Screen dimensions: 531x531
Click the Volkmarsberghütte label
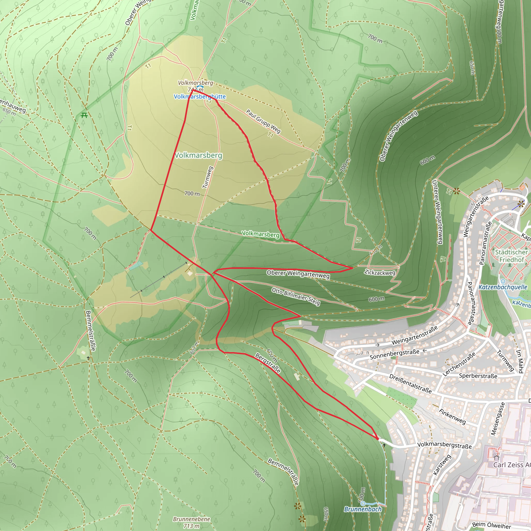coord(200,96)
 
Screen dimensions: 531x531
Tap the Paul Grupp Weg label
coord(263,121)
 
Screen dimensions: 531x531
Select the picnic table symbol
coord(84,115)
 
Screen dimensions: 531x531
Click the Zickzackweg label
coord(380,273)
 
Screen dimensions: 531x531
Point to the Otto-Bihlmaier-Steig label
coord(296,296)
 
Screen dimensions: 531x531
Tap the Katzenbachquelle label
coord(503,287)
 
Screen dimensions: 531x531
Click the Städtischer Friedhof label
coord(511,256)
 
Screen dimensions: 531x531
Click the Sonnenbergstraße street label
coord(394,354)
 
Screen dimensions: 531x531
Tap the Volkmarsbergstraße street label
coord(444,445)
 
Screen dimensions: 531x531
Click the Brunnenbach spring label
coord(363,509)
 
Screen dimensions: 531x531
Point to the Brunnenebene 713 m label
coord(192,522)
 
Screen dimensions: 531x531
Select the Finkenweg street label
coord(452,416)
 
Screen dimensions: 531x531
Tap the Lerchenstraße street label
coord(459,364)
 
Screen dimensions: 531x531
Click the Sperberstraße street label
coord(478,376)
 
